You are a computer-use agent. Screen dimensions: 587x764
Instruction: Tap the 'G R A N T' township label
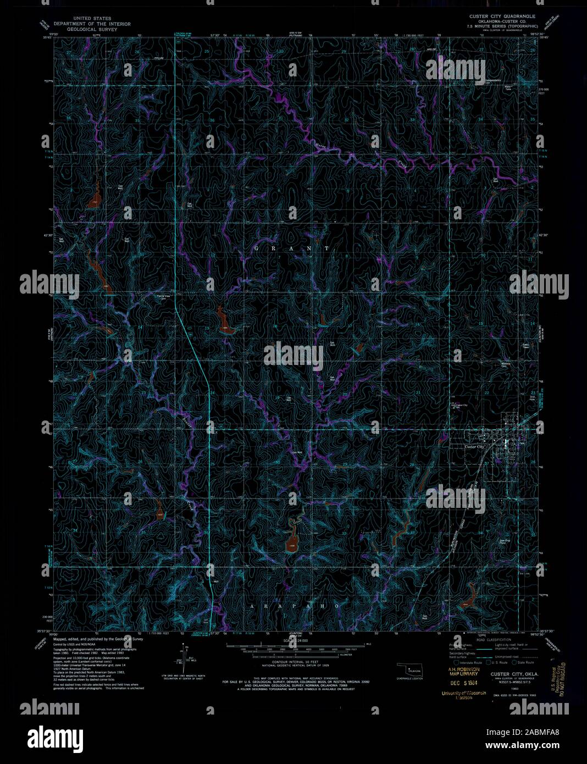(292, 248)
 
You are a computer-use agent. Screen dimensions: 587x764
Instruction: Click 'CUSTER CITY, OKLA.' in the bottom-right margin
(514, 674)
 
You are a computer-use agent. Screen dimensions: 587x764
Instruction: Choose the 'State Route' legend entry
(525, 663)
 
